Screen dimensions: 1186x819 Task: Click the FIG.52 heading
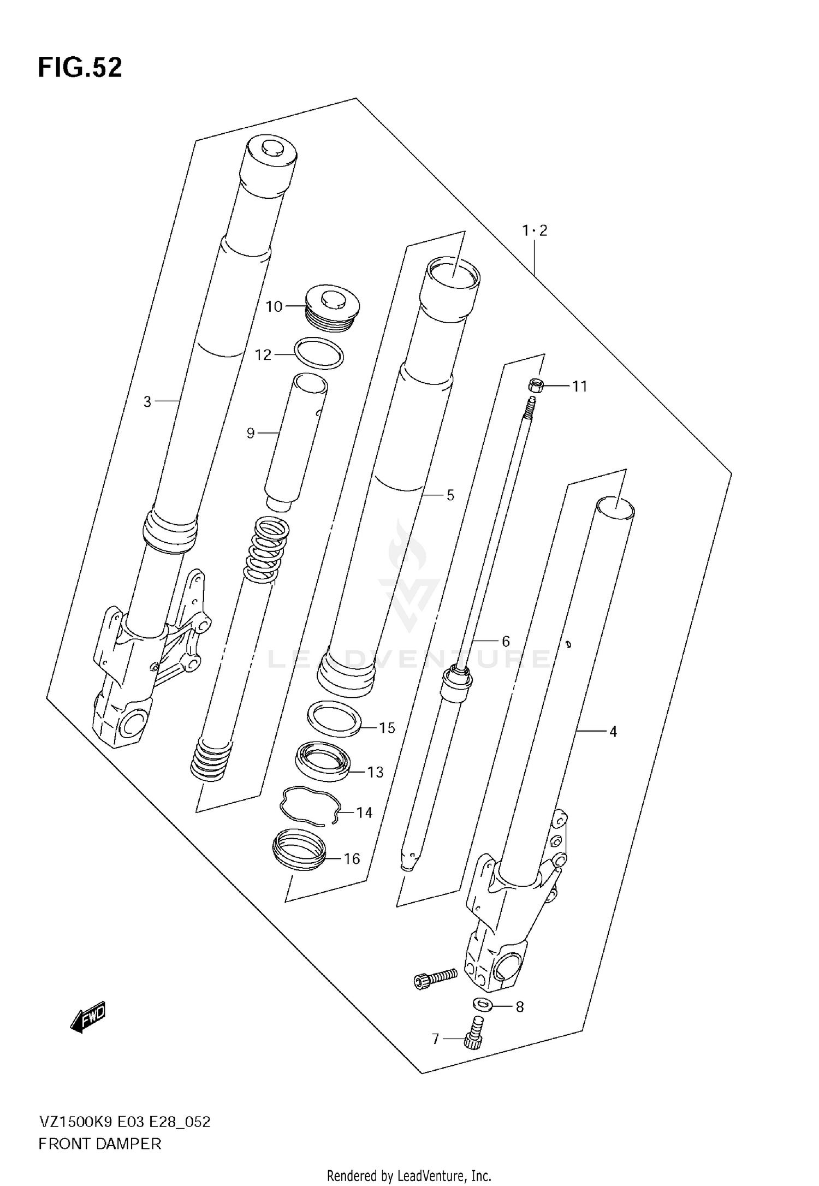point(80,68)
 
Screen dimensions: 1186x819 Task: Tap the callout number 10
point(274,307)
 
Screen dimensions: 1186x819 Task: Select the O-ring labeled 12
point(319,353)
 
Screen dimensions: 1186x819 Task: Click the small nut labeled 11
point(535,386)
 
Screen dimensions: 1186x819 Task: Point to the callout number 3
point(147,402)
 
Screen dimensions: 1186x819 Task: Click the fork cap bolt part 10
point(331,307)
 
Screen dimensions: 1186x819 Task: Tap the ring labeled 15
point(334,719)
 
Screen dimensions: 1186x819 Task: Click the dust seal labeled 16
point(299,849)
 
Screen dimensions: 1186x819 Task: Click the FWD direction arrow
point(87,1018)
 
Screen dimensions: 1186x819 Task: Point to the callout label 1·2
point(535,230)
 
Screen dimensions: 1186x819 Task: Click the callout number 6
point(506,641)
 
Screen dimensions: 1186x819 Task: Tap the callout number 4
point(613,731)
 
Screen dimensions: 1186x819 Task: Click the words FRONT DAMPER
point(100,1144)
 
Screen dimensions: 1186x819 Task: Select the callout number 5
point(450,495)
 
